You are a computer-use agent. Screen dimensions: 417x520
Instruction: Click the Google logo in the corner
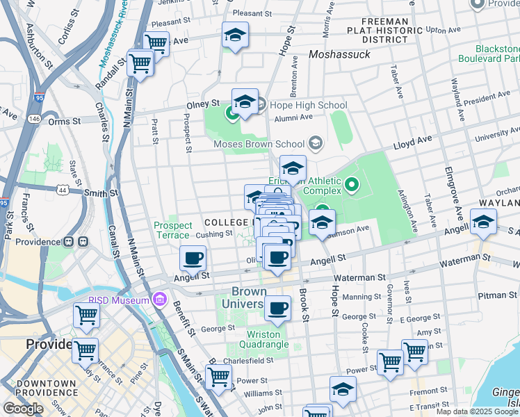coord(24,409)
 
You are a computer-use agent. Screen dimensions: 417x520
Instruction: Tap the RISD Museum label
coord(119,300)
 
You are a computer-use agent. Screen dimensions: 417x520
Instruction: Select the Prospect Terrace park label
coord(172,230)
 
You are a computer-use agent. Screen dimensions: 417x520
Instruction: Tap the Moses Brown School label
coord(260,144)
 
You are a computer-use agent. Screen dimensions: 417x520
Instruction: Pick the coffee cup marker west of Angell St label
coord(193,259)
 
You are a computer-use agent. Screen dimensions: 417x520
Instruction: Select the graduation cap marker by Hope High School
coord(245,102)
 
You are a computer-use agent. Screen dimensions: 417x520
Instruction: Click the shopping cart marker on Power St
coord(220,377)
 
